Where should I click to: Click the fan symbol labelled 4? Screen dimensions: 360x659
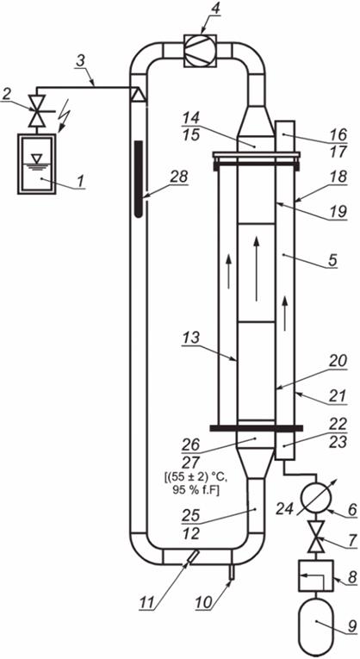click(200, 51)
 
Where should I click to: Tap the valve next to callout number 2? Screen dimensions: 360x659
click(36, 111)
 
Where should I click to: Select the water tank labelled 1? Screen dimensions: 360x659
click(36, 164)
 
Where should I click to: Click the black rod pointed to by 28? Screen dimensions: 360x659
click(139, 179)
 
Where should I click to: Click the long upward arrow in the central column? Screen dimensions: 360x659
click(257, 269)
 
